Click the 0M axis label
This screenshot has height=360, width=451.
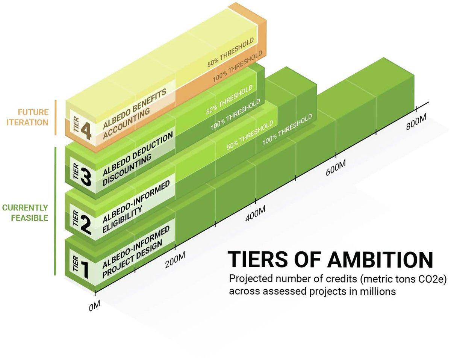click(x=94, y=305)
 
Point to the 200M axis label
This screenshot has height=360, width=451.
click(x=175, y=260)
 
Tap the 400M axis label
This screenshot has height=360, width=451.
click(x=255, y=215)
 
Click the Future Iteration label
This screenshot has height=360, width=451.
click(x=33, y=117)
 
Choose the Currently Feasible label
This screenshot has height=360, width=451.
click(x=25, y=213)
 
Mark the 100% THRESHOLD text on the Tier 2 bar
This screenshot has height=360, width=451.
click(x=288, y=129)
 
